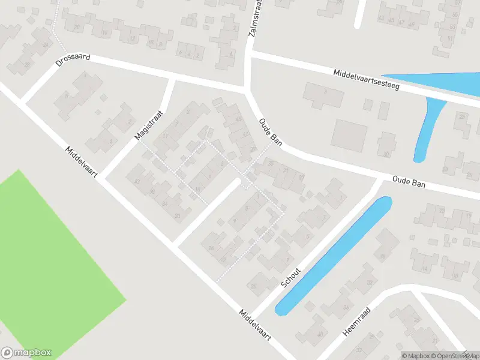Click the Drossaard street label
point(73,59)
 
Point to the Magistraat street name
point(149,125)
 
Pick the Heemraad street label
point(358,323)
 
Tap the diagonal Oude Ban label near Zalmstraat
point(271,131)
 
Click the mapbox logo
point(26,353)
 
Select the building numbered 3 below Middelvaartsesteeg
point(323,93)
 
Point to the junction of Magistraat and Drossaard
point(173,79)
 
